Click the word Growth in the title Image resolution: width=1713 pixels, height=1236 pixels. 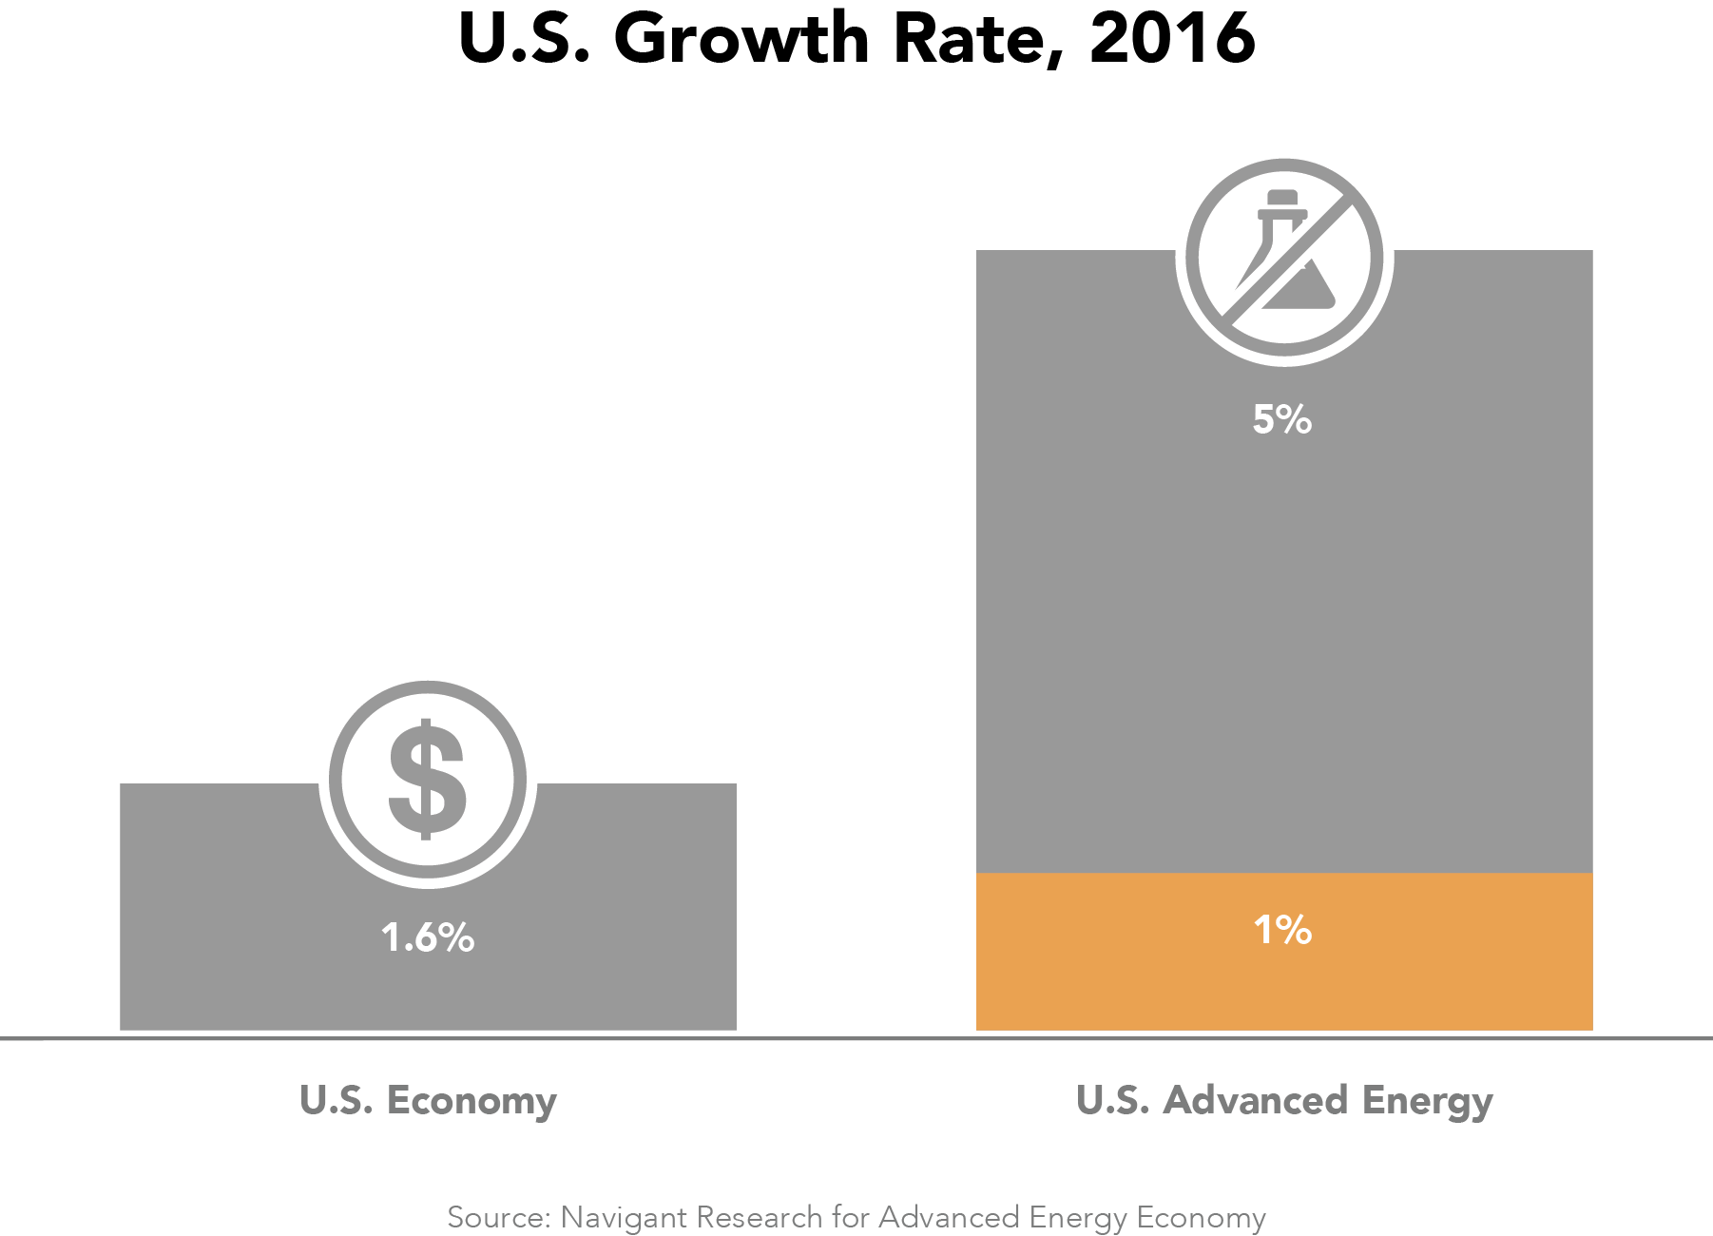click(741, 40)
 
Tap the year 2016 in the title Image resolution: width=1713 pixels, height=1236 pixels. click(1172, 40)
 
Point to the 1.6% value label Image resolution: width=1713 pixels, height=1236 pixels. click(428, 938)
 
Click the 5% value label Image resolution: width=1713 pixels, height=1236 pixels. click(1282, 419)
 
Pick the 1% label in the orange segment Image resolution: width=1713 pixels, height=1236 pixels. click(1282, 930)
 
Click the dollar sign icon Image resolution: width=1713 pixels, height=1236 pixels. click(428, 780)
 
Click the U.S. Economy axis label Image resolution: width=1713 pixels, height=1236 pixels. click(428, 1100)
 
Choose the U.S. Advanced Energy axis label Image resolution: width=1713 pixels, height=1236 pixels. click(1284, 1100)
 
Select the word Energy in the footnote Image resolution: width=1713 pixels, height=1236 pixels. click(1078, 1219)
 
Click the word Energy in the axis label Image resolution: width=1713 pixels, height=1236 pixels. click(1427, 1102)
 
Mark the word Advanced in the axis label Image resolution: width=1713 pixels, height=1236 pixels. click(1256, 1100)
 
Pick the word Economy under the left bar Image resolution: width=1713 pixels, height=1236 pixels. click(472, 1102)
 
